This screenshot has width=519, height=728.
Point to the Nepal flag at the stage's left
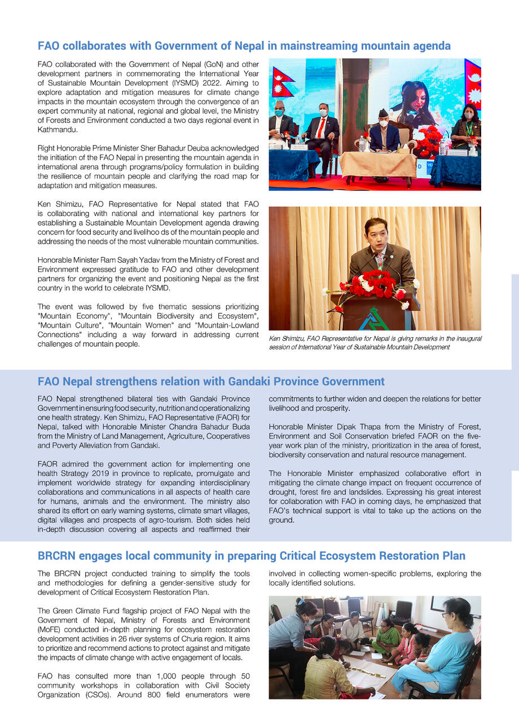[x=282, y=83]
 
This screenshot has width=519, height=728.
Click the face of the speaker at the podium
[x=376, y=233]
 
